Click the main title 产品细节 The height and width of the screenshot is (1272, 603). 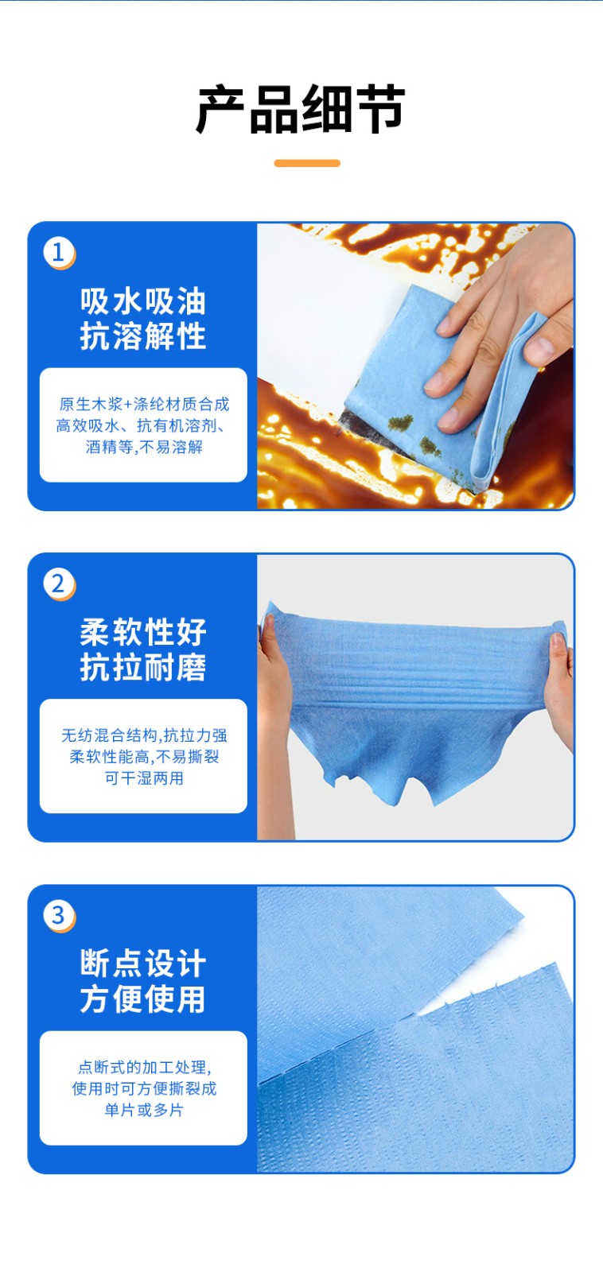click(301, 110)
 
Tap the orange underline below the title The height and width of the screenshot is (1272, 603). click(307, 163)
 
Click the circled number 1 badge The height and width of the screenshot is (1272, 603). click(59, 253)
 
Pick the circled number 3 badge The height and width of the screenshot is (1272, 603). click(59, 915)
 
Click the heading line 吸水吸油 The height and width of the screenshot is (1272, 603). click(142, 301)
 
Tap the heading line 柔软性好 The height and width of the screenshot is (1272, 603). click(142, 632)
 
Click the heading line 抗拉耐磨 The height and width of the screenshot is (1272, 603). click(142, 667)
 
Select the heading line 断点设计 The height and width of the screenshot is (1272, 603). click(142, 963)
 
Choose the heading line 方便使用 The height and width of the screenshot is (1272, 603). click(142, 999)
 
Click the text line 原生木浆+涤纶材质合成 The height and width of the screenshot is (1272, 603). click(144, 404)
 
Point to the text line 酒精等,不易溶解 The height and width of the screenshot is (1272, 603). click(144, 447)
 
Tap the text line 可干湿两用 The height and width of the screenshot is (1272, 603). click(144, 778)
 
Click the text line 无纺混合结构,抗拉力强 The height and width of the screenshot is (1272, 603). click(144, 735)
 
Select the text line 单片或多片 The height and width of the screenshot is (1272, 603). click(144, 1110)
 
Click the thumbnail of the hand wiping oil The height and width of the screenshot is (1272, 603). click(415, 366)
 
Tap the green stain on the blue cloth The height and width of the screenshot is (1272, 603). click(401, 422)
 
